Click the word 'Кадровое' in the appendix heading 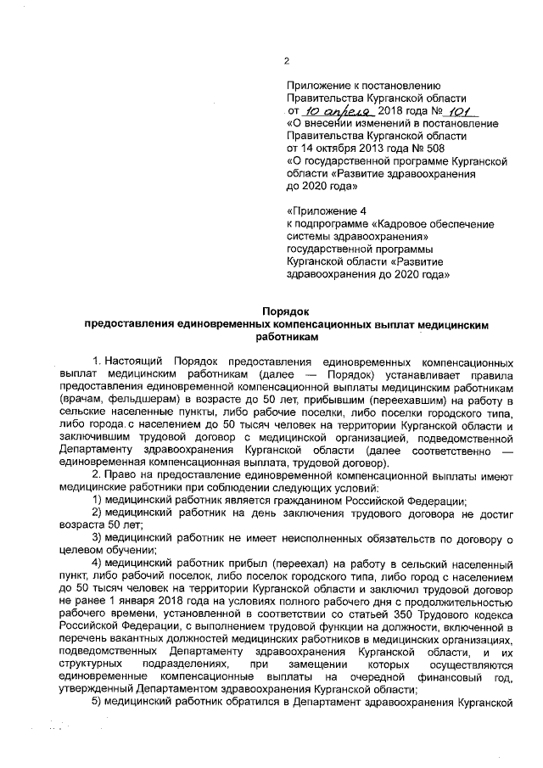pos(411,223)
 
